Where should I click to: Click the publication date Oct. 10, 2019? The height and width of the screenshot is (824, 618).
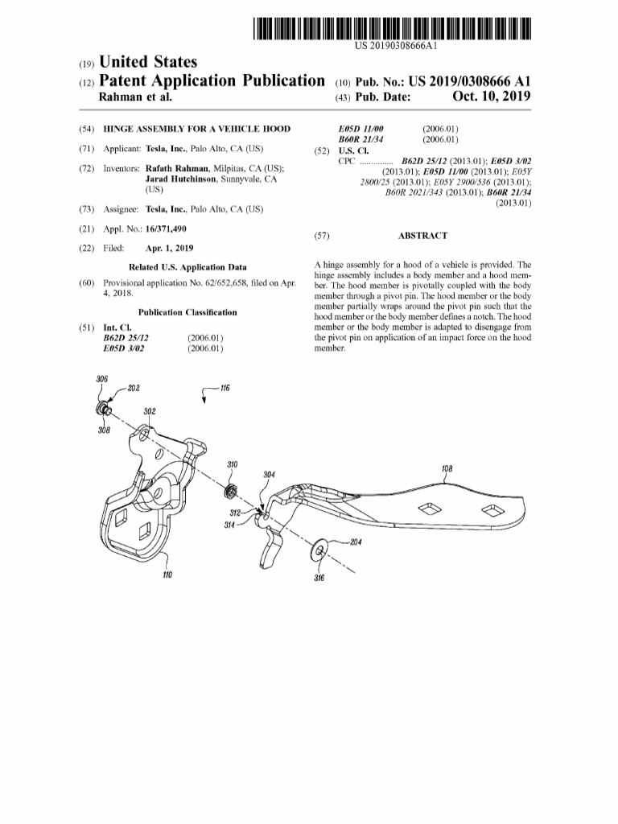[492, 97]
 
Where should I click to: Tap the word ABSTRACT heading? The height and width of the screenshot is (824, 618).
[422, 237]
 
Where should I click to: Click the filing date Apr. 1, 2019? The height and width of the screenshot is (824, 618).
[169, 249]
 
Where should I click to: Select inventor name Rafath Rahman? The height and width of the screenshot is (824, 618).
[176, 169]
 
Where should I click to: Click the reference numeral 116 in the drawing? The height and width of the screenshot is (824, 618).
[225, 388]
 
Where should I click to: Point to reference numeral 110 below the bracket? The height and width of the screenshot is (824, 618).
[167, 575]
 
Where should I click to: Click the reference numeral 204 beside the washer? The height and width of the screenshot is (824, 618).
[355, 542]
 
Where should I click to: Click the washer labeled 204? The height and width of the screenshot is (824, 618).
[319, 550]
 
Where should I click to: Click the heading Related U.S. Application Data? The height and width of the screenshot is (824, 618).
[187, 267]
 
